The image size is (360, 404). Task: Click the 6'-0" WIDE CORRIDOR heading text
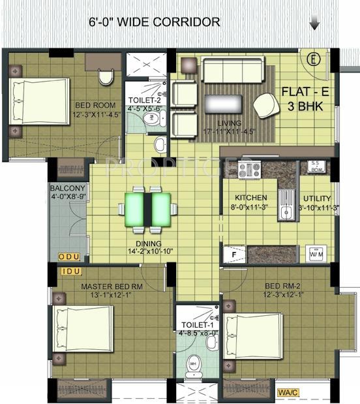point(154,22)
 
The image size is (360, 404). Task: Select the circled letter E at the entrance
point(314,60)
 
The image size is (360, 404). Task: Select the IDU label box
point(68,271)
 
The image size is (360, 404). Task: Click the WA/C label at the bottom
point(287,392)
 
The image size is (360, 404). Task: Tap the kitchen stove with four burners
point(249,170)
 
